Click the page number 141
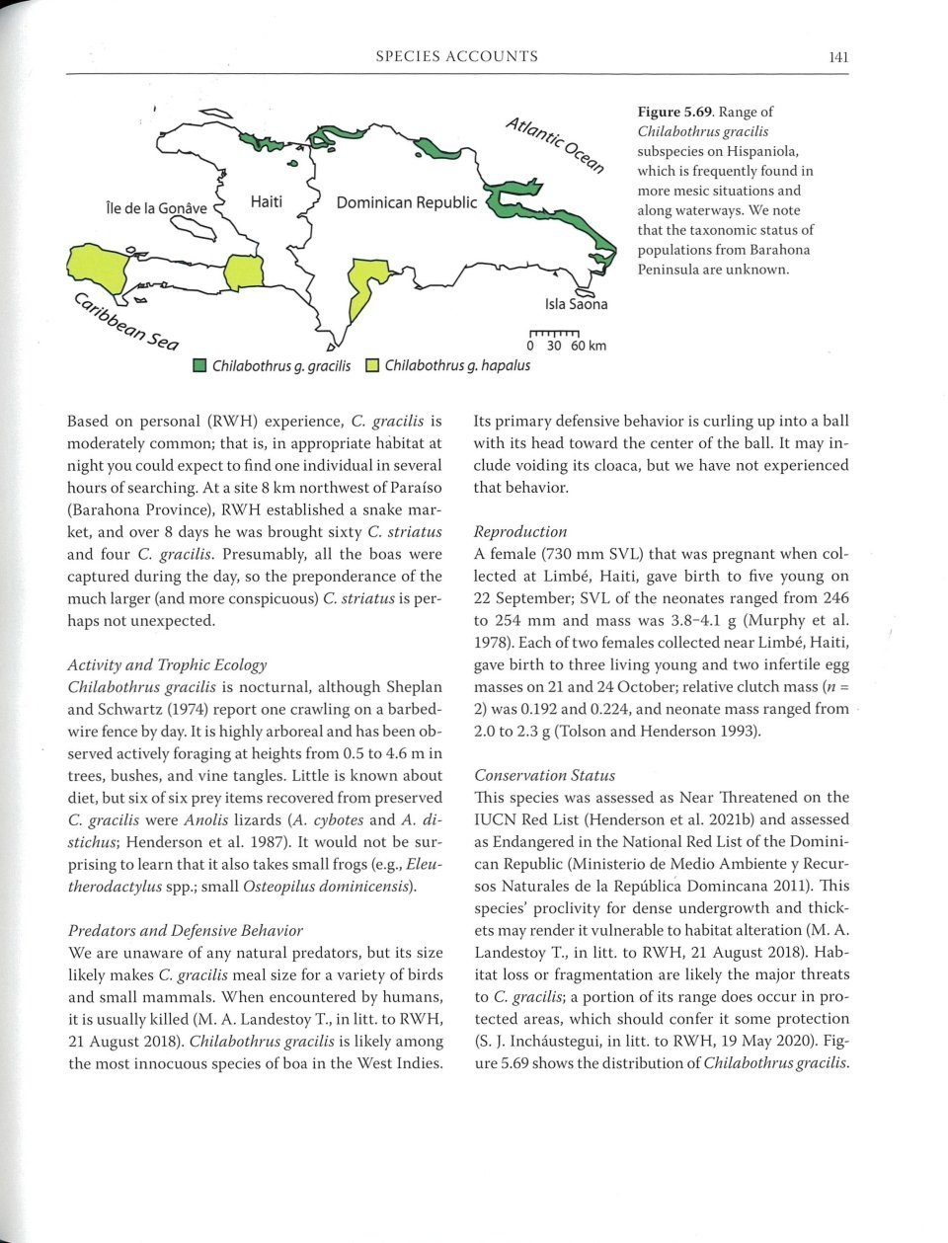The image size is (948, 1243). coord(838,57)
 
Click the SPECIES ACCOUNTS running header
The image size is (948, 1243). coord(456,57)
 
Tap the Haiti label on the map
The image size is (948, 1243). coord(267,201)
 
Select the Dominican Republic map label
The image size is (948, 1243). coord(406,203)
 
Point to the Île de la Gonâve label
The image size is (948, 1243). coord(156,208)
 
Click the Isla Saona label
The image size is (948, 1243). coord(576,304)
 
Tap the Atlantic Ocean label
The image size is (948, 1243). coord(554,144)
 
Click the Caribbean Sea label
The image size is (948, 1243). coord(123,322)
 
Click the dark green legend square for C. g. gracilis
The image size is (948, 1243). coord(198,366)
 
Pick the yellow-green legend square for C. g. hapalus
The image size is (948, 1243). coord(372,366)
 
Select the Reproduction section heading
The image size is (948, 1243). coord(519,531)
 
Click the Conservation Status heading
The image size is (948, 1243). coord(544,775)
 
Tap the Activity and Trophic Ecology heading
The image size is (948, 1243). coord(167,664)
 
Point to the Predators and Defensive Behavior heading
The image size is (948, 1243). coord(185,930)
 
